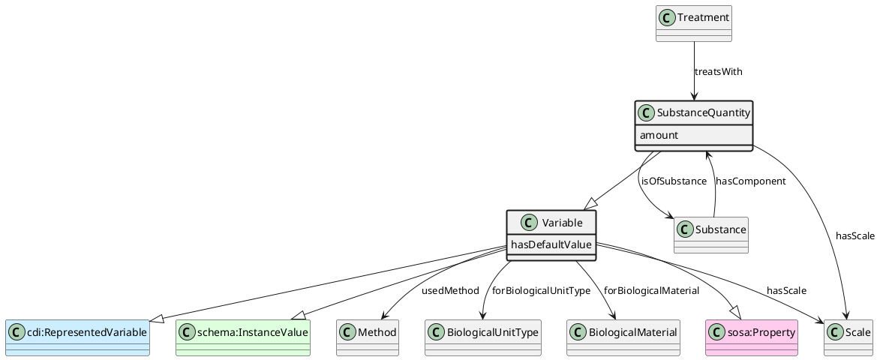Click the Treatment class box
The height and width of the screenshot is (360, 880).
(693, 23)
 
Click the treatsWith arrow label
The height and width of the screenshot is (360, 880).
(718, 72)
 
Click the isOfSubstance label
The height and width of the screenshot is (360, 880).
(674, 181)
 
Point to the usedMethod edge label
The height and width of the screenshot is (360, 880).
(450, 290)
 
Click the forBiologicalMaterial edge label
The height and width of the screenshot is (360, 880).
(651, 290)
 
